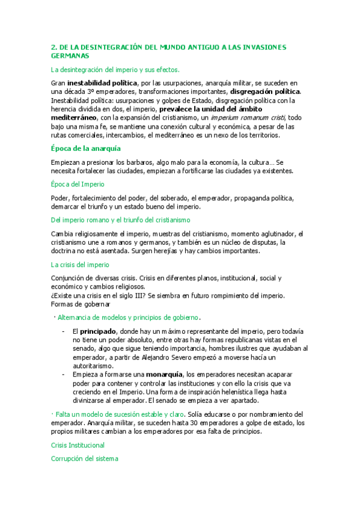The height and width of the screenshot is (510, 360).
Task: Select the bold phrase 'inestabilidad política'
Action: tap(102, 83)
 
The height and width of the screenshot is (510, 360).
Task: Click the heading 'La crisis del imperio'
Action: tap(80, 264)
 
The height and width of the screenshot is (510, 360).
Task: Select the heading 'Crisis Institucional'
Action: tap(78, 445)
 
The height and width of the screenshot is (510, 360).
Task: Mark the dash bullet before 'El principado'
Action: tap(64, 331)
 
